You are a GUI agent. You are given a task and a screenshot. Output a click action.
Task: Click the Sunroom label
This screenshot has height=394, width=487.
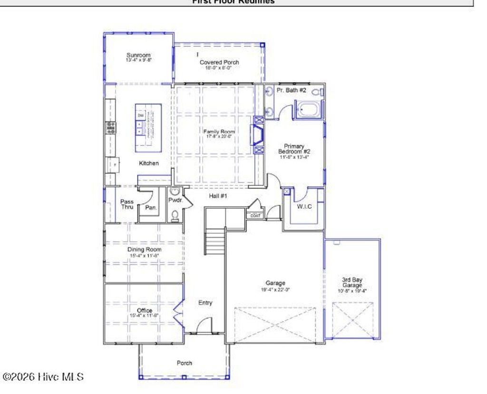(x=138, y=55)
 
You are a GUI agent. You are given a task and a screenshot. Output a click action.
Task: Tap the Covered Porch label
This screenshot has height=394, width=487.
(x=219, y=62)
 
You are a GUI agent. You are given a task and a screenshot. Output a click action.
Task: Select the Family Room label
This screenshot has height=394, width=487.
(x=219, y=132)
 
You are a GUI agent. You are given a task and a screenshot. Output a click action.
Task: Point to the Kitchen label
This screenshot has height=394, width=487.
(x=148, y=163)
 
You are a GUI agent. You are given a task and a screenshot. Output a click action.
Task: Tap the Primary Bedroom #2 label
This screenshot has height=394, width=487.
(x=294, y=149)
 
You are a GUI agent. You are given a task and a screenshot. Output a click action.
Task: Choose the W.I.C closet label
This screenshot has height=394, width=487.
(x=304, y=206)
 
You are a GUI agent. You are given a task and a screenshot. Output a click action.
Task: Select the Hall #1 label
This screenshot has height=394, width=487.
(x=217, y=195)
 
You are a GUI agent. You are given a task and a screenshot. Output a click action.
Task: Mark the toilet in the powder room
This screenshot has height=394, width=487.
(x=175, y=216)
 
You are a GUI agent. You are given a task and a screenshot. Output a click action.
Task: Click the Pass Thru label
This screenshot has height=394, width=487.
(x=127, y=204)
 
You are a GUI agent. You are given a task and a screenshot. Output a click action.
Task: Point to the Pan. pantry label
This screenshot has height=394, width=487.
(x=151, y=207)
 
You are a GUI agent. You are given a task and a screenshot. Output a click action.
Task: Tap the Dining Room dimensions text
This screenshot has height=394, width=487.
(x=144, y=256)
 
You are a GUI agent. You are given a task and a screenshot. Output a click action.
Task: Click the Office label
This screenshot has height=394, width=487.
(x=144, y=310)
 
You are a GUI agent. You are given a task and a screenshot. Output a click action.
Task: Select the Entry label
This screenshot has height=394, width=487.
(x=205, y=303)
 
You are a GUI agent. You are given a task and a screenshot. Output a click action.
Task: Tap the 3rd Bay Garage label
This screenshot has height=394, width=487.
(x=352, y=283)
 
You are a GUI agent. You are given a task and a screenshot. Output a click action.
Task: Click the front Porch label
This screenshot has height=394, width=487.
(x=185, y=363)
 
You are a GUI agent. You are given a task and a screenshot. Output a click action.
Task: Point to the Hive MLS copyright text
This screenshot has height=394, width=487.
(x=43, y=377)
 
